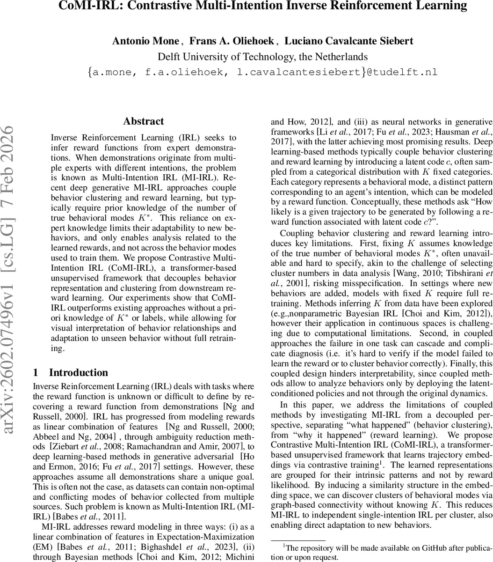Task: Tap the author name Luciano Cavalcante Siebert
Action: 348,41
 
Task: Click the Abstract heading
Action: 144,121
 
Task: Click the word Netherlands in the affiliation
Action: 339,57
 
